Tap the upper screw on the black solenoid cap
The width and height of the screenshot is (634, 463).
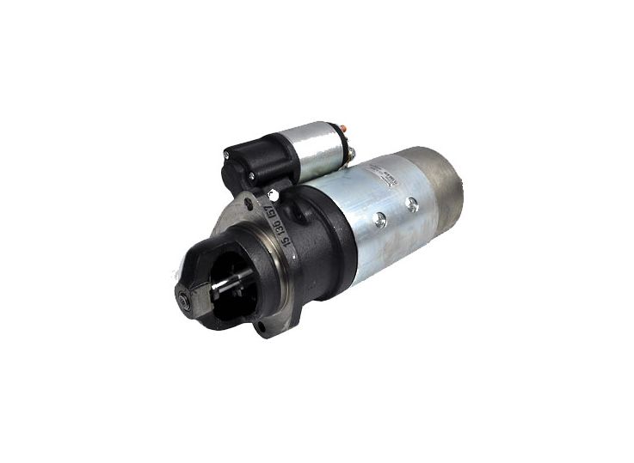(x=225, y=155)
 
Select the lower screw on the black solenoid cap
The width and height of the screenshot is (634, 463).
(x=250, y=177)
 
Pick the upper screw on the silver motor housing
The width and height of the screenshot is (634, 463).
(x=414, y=204)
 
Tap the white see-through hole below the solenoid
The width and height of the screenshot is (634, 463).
(x=274, y=194)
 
